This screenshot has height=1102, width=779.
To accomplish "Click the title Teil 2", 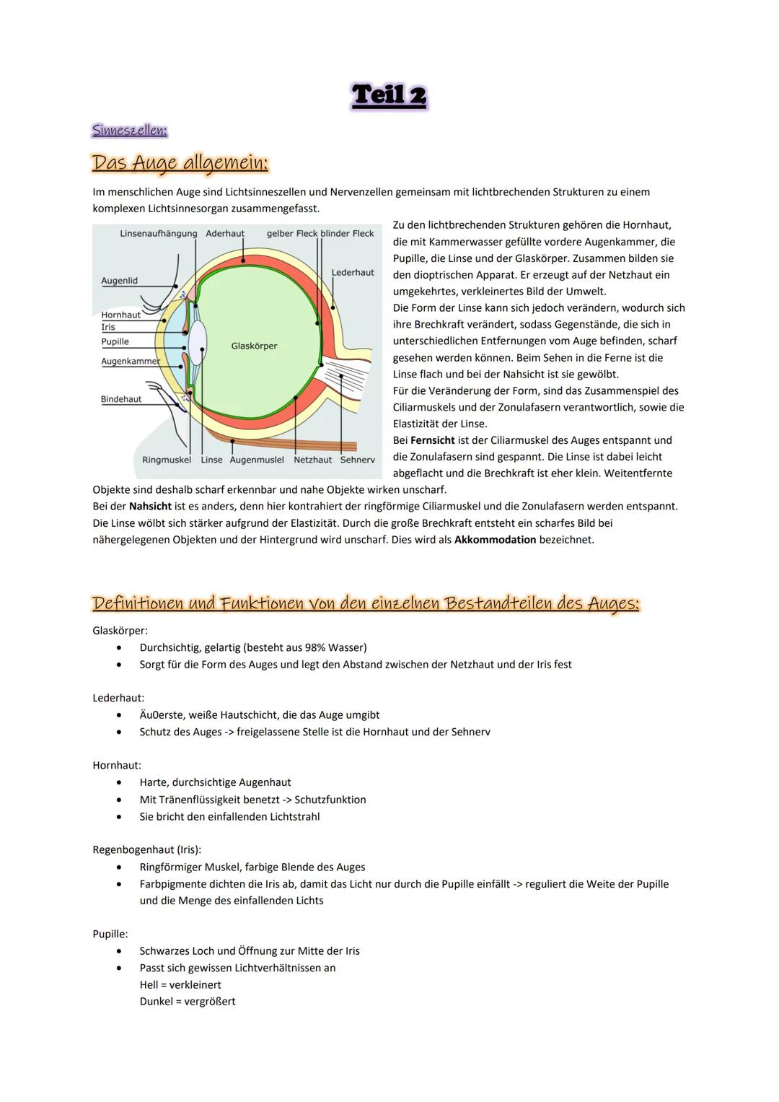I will click(389, 96).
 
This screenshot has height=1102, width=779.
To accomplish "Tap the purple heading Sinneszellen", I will click(130, 131).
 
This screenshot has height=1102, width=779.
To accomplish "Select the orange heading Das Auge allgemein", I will click(180, 163).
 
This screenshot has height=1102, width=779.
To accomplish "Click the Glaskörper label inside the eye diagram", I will click(254, 346).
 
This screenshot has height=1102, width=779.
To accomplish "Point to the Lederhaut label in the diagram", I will click(353, 273).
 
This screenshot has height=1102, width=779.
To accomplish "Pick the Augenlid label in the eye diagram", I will click(119, 281).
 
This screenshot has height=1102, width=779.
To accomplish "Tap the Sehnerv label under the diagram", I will click(357, 460).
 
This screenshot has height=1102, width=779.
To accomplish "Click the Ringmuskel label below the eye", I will click(167, 460).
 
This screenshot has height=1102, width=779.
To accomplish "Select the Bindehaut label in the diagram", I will click(121, 399).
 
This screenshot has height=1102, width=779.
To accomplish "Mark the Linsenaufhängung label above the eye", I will click(158, 234).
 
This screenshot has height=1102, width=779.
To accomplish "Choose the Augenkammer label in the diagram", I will click(130, 361).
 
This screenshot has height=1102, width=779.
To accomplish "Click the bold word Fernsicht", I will click(433, 440).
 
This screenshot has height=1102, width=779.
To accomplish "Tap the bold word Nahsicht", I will click(150, 507).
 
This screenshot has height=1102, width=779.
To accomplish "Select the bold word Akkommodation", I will click(495, 540).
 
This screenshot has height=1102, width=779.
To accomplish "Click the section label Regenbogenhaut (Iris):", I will click(146, 850).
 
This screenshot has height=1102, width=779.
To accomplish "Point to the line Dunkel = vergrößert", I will click(188, 1002).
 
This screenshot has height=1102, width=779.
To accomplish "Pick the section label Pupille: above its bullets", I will click(110, 934).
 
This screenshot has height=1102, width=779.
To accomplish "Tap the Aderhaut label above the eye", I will click(225, 234).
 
